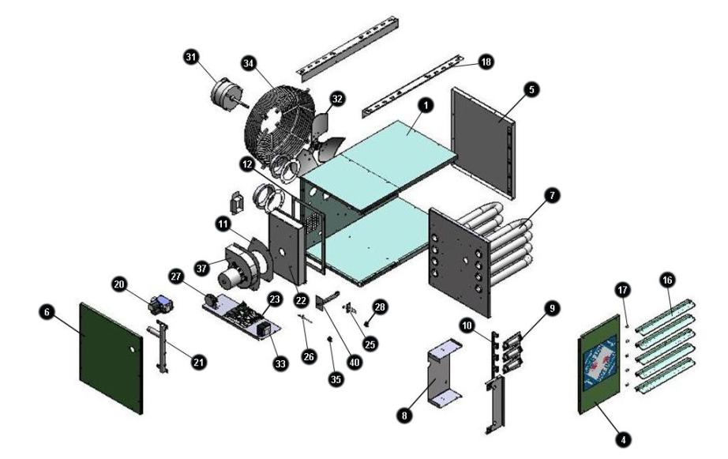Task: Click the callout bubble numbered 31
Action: (x=190, y=57)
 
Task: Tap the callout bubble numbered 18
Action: (x=486, y=62)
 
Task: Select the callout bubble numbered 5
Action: (x=531, y=89)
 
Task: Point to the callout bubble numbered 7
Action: (x=552, y=196)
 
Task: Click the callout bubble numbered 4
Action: (x=624, y=439)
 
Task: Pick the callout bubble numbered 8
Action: (x=404, y=415)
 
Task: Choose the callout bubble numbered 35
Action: (x=336, y=379)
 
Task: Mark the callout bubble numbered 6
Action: (x=47, y=313)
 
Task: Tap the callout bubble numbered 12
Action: (x=247, y=164)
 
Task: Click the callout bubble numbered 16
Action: (x=667, y=280)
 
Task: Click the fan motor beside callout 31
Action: (x=227, y=93)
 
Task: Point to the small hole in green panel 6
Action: (x=133, y=348)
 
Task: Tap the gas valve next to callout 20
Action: (x=160, y=304)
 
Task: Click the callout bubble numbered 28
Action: (x=380, y=307)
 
